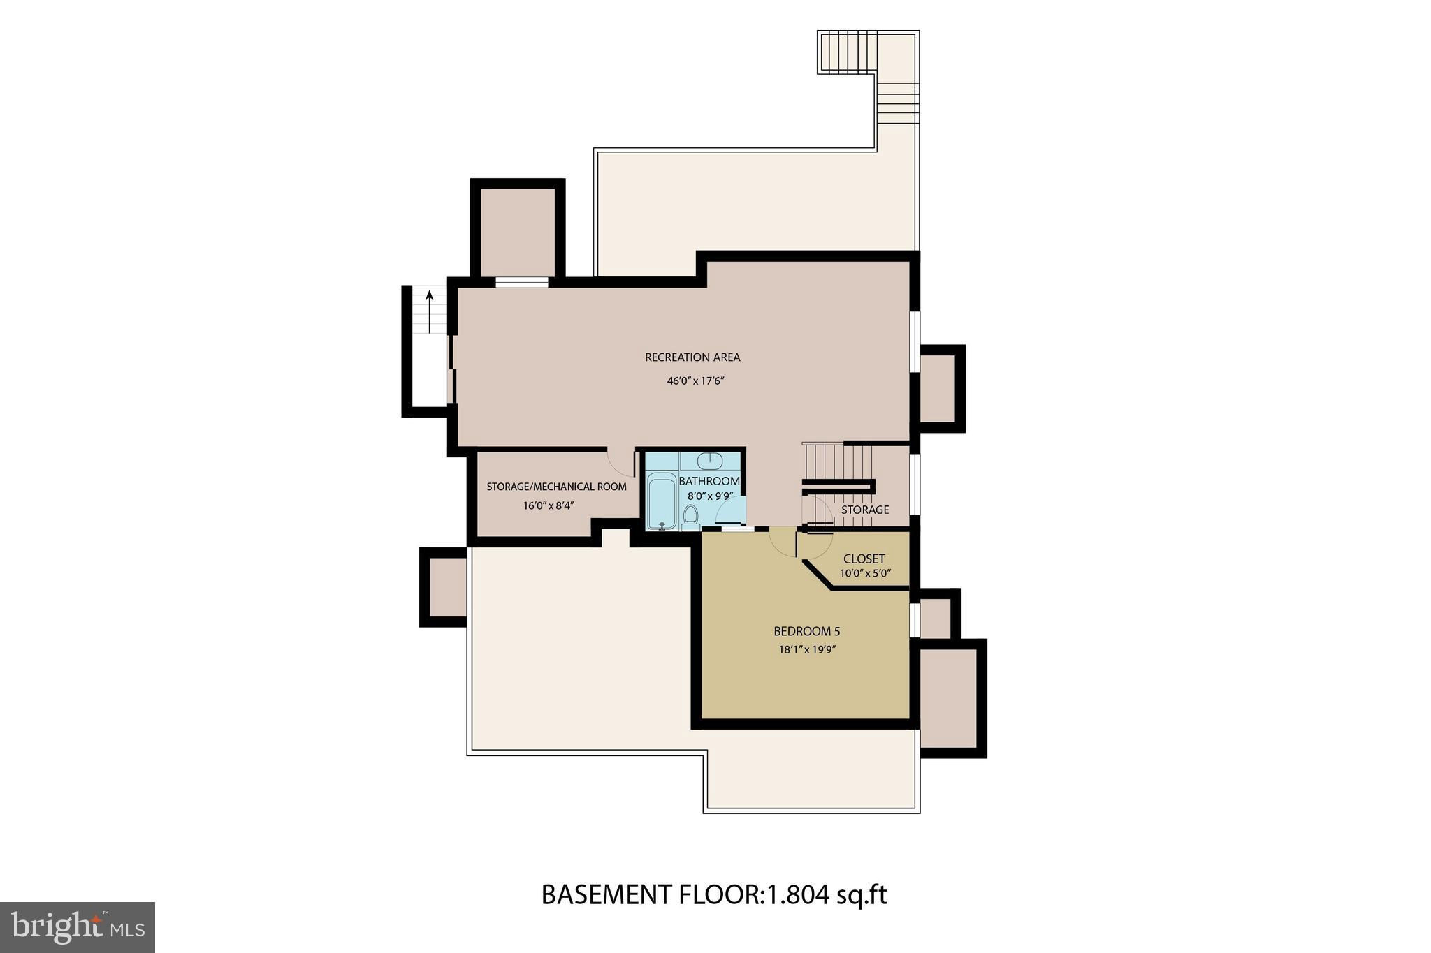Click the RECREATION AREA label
point(692,357)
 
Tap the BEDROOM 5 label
point(807,632)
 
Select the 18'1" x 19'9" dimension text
point(808,650)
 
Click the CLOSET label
point(864,559)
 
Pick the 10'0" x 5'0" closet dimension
point(865,574)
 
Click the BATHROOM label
point(709,481)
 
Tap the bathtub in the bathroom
point(661,501)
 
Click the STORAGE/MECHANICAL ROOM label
point(557,487)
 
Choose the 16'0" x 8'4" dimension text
point(549,505)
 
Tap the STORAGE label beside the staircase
point(865,510)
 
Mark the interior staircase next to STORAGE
point(838,462)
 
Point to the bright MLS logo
point(78,927)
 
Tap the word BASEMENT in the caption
point(607,894)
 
